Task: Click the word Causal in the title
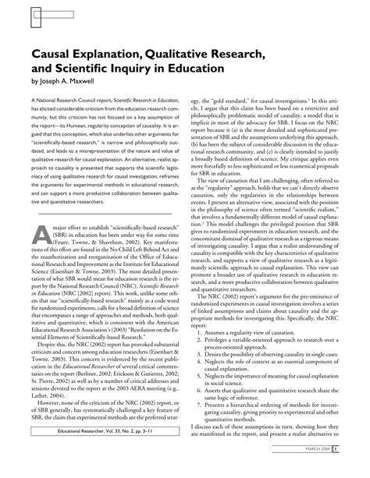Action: click(52, 53)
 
